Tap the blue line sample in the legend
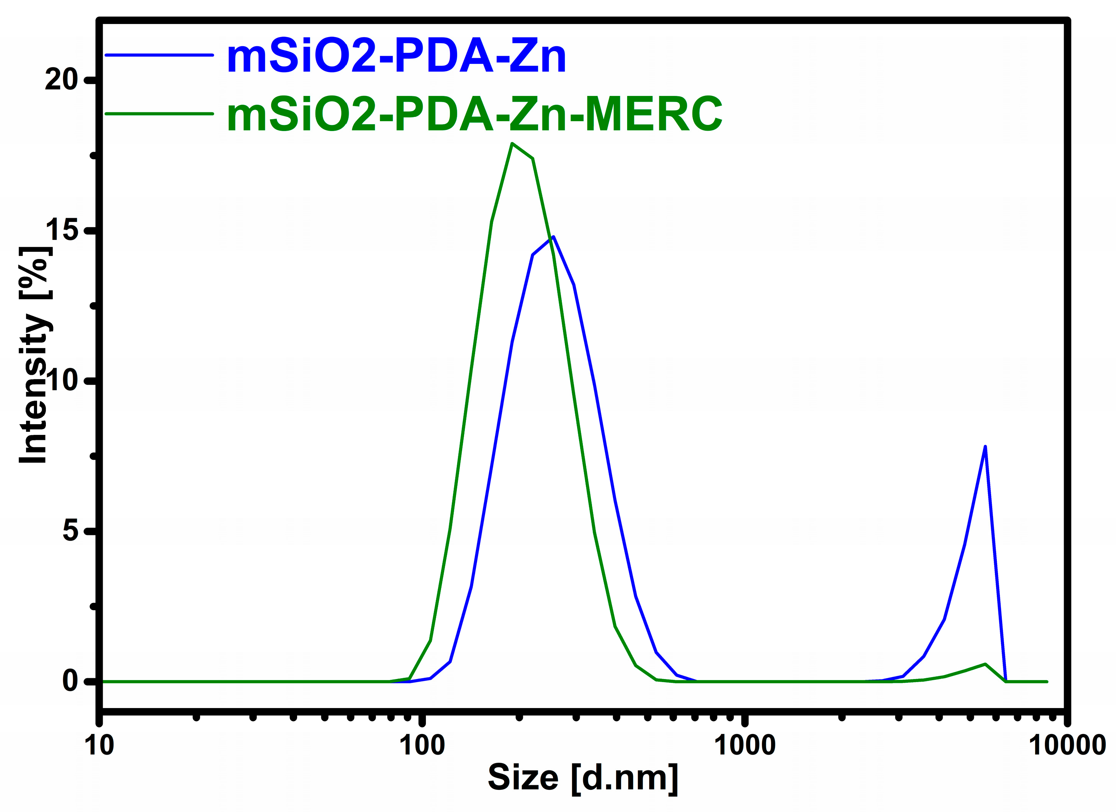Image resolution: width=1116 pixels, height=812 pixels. (x=159, y=55)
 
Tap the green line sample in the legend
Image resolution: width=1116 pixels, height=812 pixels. (x=159, y=114)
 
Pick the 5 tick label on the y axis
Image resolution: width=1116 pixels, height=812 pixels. (x=70, y=531)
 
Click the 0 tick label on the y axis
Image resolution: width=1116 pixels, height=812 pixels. (x=70, y=681)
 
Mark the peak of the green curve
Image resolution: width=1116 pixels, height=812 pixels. (x=512, y=144)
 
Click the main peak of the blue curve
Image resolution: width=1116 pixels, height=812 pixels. (x=553, y=237)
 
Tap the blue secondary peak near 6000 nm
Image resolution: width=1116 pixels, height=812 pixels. (x=985, y=446)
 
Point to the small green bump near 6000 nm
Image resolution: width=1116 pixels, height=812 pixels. (x=985, y=664)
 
